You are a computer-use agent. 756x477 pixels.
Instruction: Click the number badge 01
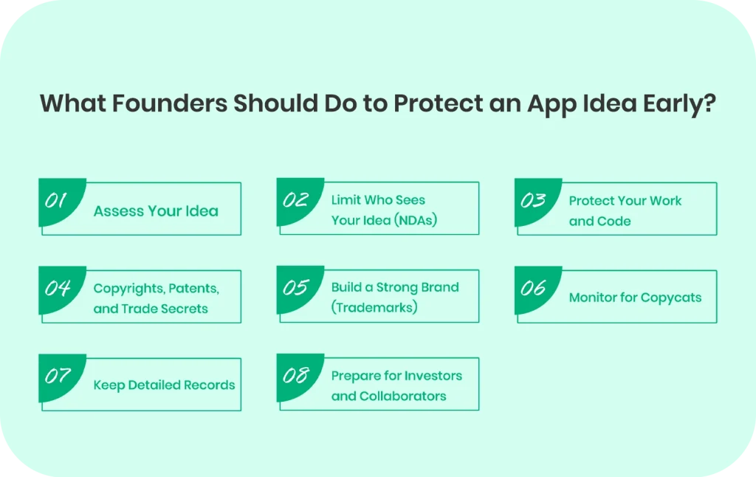pyautogui.click(x=58, y=200)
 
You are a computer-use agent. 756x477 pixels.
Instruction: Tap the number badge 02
pyautogui.click(x=295, y=200)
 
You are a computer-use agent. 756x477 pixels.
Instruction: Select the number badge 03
pyautogui.click(x=533, y=200)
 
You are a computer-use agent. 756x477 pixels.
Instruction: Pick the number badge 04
pyautogui.click(x=58, y=288)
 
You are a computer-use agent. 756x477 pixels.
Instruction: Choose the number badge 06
pyautogui.click(x=533, y=288)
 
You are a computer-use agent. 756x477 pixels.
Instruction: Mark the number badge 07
pyautogui.click(x=58, y=376)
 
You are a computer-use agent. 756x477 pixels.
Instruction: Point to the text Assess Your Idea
pyautogui.click(x=156, y=211)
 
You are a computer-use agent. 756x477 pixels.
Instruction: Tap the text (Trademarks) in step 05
pyautogui.click(x=374, y=307)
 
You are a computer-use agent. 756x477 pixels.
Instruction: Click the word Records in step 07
pyautogui.click(x=210, y=385)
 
